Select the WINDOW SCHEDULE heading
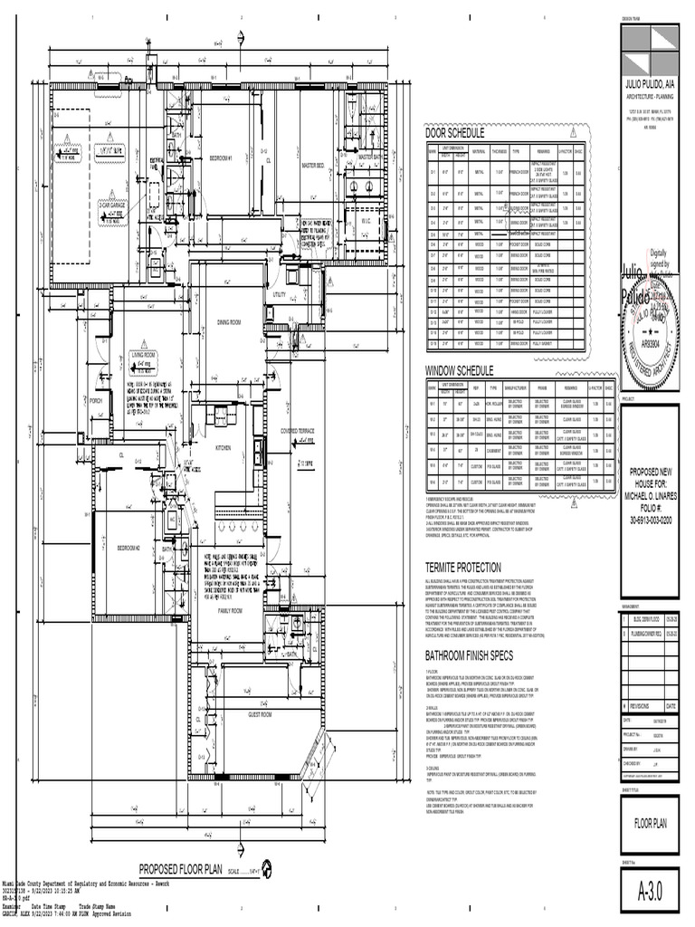[x=460, y=370]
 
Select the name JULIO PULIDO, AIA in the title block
[x=651, y=83]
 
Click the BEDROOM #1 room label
[x=221, y=158]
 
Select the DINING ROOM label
[x=228, y=321]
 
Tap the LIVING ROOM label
[x=143, y=356]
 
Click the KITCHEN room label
[x=223, y=448]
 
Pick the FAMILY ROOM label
[x=230, y=612]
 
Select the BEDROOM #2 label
[x=129, y=548]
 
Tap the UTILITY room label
[x=279, y=295]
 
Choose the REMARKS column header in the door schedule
[x=542, y=151]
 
